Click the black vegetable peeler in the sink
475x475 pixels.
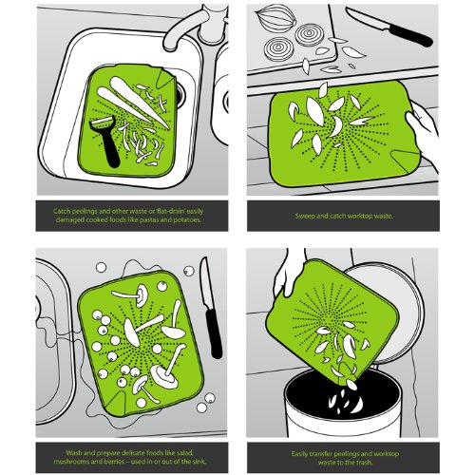tap(107, 142)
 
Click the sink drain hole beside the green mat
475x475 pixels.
tap(180, 96)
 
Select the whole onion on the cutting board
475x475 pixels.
tap(275, 19)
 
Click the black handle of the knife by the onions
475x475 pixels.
tap(410, 35)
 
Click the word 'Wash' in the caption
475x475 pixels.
tap(73, 453)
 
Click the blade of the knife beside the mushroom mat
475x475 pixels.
tap(206, 283)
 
